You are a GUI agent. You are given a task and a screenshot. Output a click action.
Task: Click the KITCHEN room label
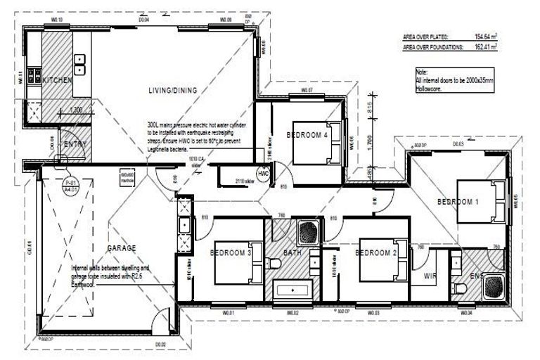click(58, 81)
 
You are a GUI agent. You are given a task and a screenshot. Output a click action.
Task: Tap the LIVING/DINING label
click(172, 90)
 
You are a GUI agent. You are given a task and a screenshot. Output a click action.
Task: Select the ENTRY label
click(75, 144)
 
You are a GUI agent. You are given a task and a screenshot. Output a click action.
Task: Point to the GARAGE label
click(121, 247)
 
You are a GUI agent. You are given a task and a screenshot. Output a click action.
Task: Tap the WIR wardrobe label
click(430, 277)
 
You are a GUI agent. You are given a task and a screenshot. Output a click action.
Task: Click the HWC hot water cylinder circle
click(264, 173)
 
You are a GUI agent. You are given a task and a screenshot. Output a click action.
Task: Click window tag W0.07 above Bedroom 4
click(307, 91)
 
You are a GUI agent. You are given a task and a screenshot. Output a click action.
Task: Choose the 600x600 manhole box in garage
click(127, 177)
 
